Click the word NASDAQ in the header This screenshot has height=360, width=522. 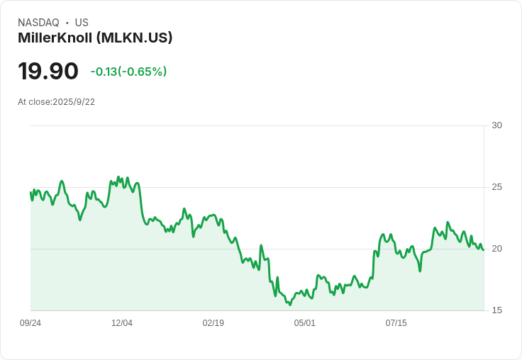pos(38,23)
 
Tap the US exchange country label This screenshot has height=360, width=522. pos(82,23)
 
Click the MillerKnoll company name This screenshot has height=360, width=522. pos(55,38)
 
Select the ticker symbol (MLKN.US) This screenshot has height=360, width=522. pos(135,38)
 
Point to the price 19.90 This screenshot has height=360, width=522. pos(48,72)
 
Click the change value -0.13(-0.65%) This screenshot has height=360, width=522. pos(128,72)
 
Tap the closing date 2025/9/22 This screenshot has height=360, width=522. pos(74,102)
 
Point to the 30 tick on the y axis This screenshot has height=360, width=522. pos(496,125)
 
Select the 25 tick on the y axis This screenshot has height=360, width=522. pos(496,187)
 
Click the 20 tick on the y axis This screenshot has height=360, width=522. pos(496,249)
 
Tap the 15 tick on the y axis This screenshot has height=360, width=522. pos(496,310)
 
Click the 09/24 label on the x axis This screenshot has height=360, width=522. pos(30,323)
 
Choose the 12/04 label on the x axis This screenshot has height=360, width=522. pos(122,323)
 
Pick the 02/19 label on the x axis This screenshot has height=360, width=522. pos(213,323)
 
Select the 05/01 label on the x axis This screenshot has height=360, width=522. pos(305,323)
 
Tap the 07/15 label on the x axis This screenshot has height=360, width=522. pos(396,323)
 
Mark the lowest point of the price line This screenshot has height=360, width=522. pos(290,305)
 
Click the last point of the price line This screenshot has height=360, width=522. pos(484,249)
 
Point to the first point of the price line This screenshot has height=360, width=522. pos(30,193)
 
